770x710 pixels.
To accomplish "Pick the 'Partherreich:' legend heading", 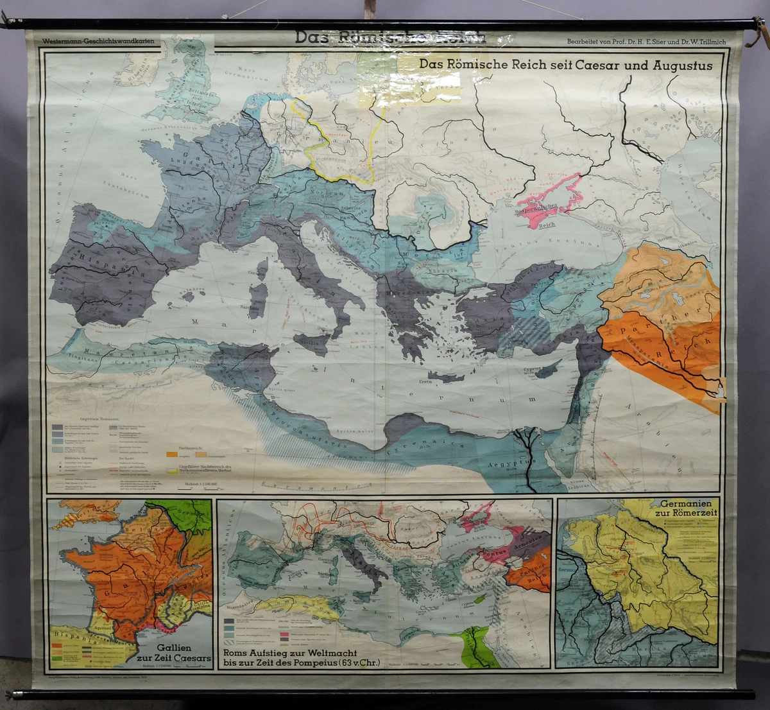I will (x=191, y=444).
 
